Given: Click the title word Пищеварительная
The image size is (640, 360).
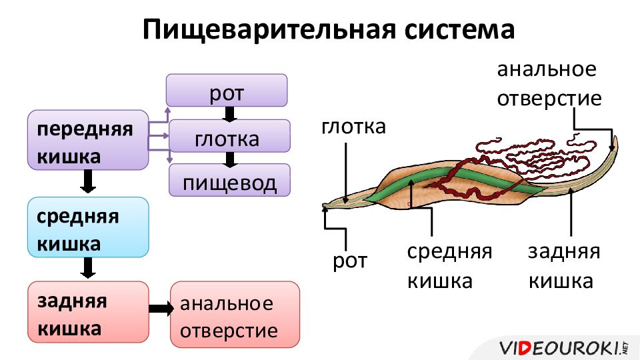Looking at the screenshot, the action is [x=269, y=30].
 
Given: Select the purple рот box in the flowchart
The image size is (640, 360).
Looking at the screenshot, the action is [x=227, y=90].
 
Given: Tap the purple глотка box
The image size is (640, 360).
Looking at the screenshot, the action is [x=229, y=136].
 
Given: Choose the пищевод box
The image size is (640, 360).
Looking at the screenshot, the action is [x=229, y=180].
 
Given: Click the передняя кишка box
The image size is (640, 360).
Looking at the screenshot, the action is [x=88, y=140].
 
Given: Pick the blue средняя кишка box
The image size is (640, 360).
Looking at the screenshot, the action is [x=88, y=227].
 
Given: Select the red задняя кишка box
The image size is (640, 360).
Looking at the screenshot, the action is [x=88, y=312].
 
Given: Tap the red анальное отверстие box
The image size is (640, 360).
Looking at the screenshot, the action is [x=235, y=314].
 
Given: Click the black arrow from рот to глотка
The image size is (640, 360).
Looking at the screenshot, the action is [x=229, y=114].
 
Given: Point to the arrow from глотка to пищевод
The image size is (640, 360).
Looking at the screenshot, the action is [x=230, y=159].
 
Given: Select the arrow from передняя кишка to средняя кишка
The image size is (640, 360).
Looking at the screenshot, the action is [x=88, y=181].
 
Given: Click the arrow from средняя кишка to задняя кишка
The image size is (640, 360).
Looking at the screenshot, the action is [x=88, y=268].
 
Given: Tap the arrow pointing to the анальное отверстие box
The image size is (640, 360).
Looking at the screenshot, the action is [x=161, y=309].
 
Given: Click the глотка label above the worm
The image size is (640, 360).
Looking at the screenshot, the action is [x=353, y=127].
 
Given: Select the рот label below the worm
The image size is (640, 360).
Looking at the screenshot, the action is [x=350, y=261].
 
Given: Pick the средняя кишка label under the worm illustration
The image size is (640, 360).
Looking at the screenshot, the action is [x=449, y=266].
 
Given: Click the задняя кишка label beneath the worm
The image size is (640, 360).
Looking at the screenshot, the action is [x=564, y=266].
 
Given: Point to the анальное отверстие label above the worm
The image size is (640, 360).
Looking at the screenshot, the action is [x=549, y=84].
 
